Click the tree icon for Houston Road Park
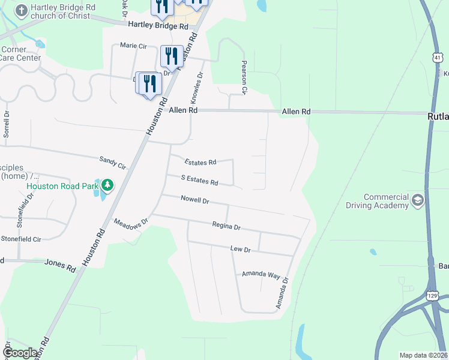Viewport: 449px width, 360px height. pos(107,185)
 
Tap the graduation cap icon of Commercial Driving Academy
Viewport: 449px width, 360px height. pos(417,200)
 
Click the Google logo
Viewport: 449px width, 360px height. pos(20,353)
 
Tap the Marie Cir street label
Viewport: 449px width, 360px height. pos(133,45)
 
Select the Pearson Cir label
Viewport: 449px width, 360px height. pos(244,77)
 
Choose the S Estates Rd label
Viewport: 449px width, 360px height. pos(200,179)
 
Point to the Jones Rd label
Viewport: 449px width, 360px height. pos(61,265)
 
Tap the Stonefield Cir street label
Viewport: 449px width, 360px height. pos(20,238)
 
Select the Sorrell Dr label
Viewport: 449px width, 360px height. pos(7,124)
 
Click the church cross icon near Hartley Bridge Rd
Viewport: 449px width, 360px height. pos(21,11)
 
